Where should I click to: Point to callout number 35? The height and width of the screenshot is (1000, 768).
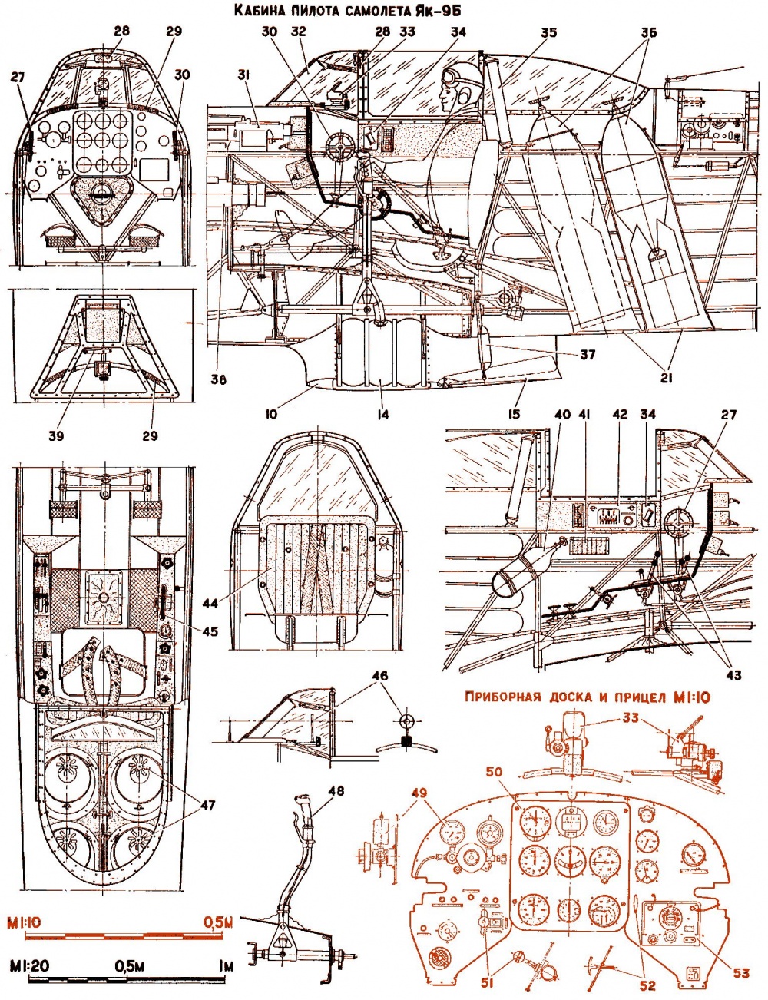548,33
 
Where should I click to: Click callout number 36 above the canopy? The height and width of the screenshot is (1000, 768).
649,33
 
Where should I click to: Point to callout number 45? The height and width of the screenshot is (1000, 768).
210,631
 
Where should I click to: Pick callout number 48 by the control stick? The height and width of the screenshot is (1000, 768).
336,792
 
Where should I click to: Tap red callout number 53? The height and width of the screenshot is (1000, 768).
740,973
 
